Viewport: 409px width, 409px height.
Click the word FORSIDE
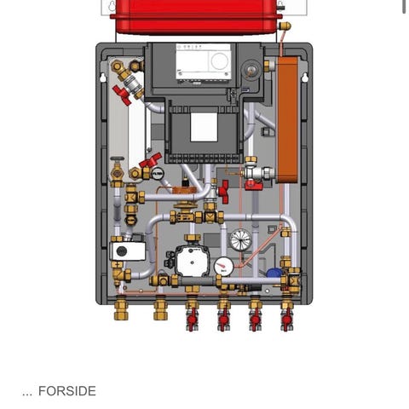pyautogui.click(x=67, y=391)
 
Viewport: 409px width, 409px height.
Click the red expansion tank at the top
pyautogui.click(x=196, y=17)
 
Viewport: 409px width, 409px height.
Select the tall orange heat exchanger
pyautogui.click(x=288, y=119)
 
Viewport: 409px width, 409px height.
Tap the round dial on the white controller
pyautogui.click(x=220, y=60)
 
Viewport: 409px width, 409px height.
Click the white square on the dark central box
pyautogui.click(x=204, y=127)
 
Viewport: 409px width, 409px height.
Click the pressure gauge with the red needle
pyautogui.click(x=224, y=266)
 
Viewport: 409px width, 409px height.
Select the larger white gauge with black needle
pyautogui.click(x=241, y=240)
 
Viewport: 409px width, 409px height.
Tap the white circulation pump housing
pyautogui.click(x=192, y=261)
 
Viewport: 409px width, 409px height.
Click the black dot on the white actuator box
pyautogui.click(x=122, y=251)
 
